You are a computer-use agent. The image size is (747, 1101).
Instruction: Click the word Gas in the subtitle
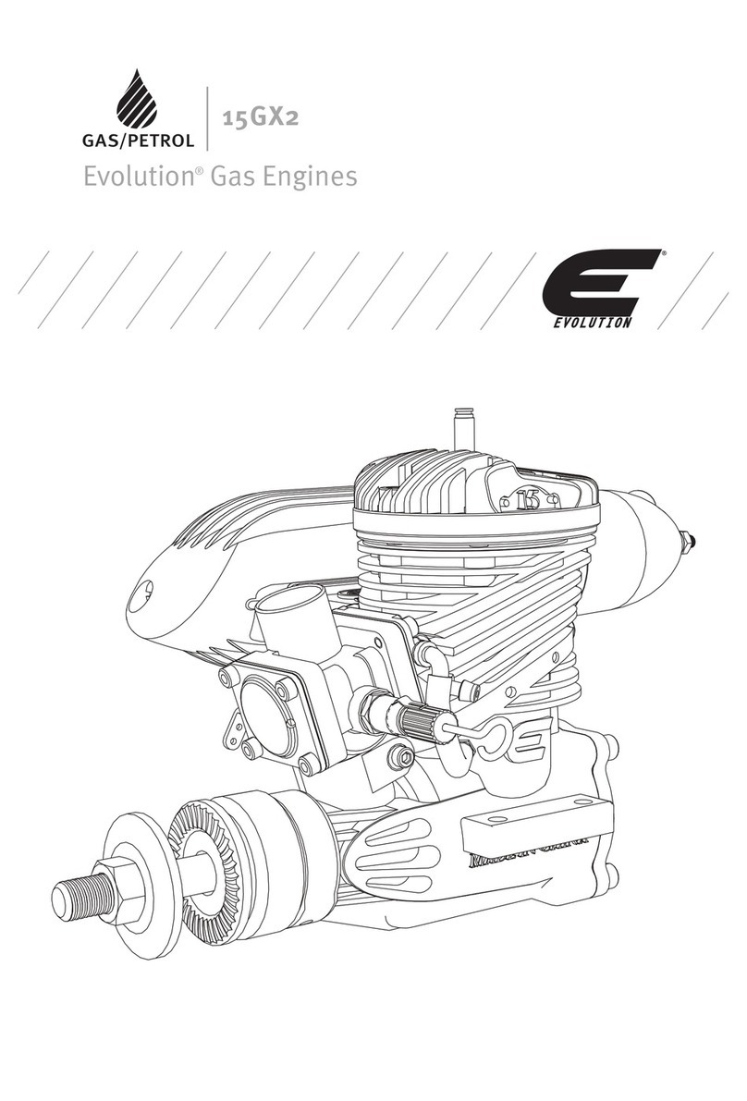tap(230, 177)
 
